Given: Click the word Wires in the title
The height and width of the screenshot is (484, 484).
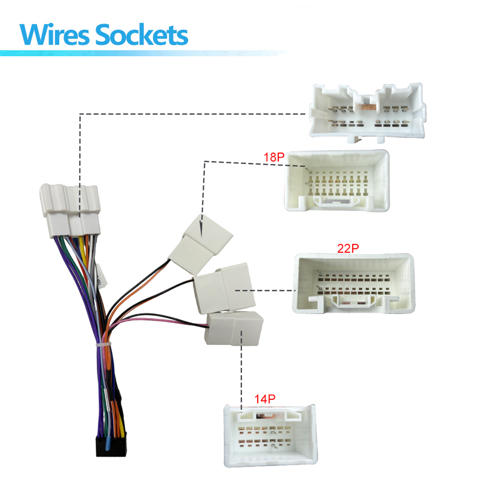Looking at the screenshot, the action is (x=54, y=34).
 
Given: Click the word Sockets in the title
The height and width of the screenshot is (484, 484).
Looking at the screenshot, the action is (x=142, y=34).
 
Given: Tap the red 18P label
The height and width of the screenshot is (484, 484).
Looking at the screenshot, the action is (x=274, y=157).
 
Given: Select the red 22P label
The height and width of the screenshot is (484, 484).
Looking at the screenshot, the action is (x=348, y=248).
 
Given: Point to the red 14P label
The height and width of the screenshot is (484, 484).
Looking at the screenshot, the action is (x=265, y=399).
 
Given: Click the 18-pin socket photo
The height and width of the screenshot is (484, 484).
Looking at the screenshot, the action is (x=337, y=180).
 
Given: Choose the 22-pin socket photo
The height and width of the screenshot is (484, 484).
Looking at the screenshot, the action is (x=354, y=283).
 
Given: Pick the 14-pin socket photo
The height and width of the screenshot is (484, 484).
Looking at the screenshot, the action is (x=270, y=436).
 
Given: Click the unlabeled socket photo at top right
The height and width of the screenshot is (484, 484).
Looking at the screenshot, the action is (x=368, y=113).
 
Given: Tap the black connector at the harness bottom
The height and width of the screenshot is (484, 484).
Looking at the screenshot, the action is (x=111, y=446).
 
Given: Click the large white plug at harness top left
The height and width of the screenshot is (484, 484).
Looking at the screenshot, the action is (x=70, y=210).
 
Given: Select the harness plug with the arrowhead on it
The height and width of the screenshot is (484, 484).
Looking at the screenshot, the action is (x=201, y=244).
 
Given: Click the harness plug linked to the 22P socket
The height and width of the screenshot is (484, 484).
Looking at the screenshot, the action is (x=224, y=289).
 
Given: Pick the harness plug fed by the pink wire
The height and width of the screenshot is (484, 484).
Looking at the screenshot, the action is (x=234, y=329).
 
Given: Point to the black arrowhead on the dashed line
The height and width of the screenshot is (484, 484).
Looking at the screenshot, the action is (x=201, y=231).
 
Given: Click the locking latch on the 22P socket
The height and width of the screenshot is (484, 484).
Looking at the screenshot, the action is (x=354, y=301).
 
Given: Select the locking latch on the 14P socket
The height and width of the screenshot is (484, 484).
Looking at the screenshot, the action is (x=270, y=414).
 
